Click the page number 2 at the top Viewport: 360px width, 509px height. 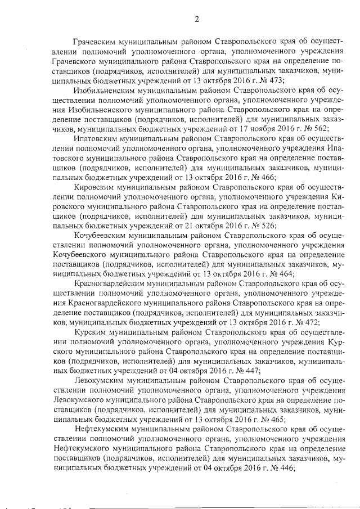click(x=197, y=20)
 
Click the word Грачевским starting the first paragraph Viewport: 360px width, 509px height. click(x=97, y=42)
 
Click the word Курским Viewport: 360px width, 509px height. click(x=89, y=332)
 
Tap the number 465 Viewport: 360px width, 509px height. click(x=276, y=419)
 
